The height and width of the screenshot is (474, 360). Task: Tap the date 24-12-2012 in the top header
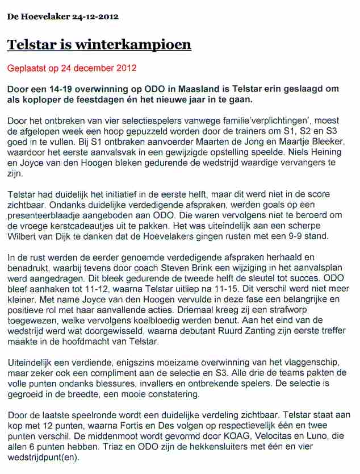[x=95, y=16]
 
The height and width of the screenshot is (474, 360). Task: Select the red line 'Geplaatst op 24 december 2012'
[x=72, y=68]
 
